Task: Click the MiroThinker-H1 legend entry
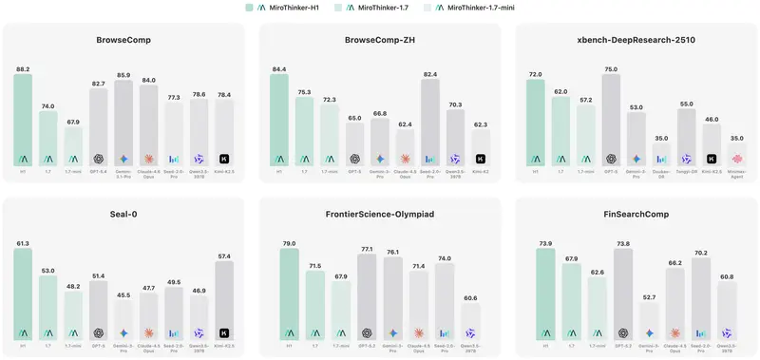point(287,8)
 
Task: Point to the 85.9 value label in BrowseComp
point(123,74)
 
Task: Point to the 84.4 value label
point(278,68)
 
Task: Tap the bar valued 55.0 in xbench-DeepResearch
point(686,137)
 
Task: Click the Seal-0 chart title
point(123,215)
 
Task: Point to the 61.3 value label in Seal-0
point(23,243)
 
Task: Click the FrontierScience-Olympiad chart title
point(379,215)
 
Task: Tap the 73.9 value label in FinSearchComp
point(545,243)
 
